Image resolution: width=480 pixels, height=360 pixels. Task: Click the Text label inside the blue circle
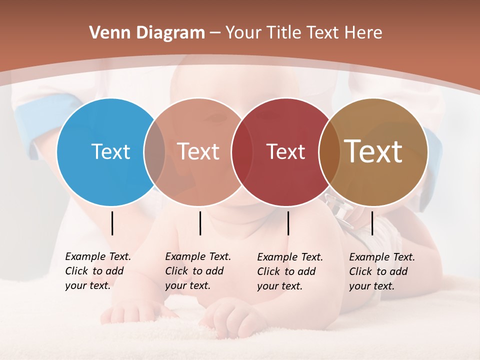point(110,151)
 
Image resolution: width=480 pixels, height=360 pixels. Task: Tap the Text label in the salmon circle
point(198,151)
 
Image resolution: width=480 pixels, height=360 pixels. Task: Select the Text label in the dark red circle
point(285,152)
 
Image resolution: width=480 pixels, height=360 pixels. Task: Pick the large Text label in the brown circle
point(373,151)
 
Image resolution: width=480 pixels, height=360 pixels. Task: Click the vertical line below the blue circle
point(112,223)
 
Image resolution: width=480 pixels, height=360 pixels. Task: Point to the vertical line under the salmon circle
point(200,223)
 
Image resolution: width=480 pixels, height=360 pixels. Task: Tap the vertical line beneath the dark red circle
point(288,223)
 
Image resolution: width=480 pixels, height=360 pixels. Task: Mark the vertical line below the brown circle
point(372,223)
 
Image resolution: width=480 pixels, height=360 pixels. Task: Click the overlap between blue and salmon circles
point(154,151)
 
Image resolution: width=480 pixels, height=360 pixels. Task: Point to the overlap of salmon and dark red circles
point(240,152)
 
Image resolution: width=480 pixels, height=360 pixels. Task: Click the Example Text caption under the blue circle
point(97,271)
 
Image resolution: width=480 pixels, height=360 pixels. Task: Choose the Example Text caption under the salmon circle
point(197,271)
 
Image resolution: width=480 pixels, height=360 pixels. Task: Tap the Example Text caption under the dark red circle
point(289,271)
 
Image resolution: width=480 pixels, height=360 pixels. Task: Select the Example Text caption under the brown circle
point(381,271)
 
